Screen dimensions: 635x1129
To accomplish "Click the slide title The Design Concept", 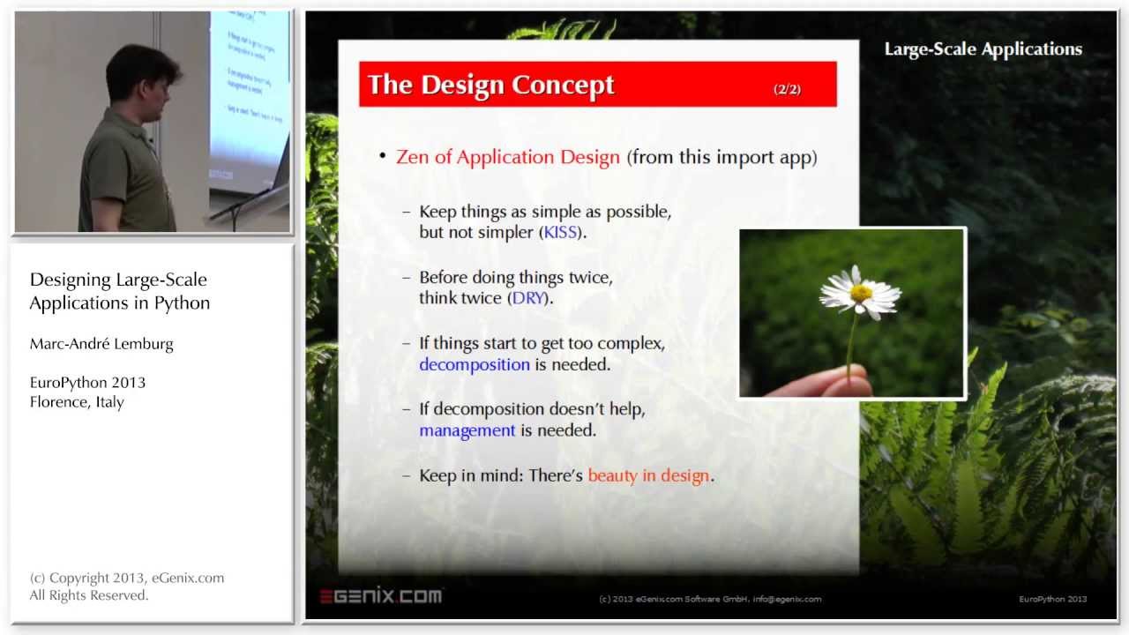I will (490, 85).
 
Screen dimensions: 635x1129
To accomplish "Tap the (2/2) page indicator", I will (787, 89).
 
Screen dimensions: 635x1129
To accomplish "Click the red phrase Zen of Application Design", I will (508, 157).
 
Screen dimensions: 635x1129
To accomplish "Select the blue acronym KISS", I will (560, 233).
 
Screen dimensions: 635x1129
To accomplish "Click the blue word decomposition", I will (475, 364).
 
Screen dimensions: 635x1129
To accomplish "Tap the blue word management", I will (467, 430).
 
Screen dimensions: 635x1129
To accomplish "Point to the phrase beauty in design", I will (648, 475).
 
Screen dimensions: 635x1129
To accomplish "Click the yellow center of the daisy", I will (860, 293).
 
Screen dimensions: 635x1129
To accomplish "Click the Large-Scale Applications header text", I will (983, 49).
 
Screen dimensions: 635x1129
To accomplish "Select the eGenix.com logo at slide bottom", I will (380, 596).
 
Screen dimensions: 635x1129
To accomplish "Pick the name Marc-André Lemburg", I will (101, 344).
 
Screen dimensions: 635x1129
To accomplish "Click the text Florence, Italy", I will (77, 402).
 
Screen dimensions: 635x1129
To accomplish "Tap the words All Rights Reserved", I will (88, 595).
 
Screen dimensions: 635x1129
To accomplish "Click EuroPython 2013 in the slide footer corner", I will (1052, 599).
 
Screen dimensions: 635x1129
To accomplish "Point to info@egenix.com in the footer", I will (787, 599).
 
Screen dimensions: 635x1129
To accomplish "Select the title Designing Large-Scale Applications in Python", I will (119, 291).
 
